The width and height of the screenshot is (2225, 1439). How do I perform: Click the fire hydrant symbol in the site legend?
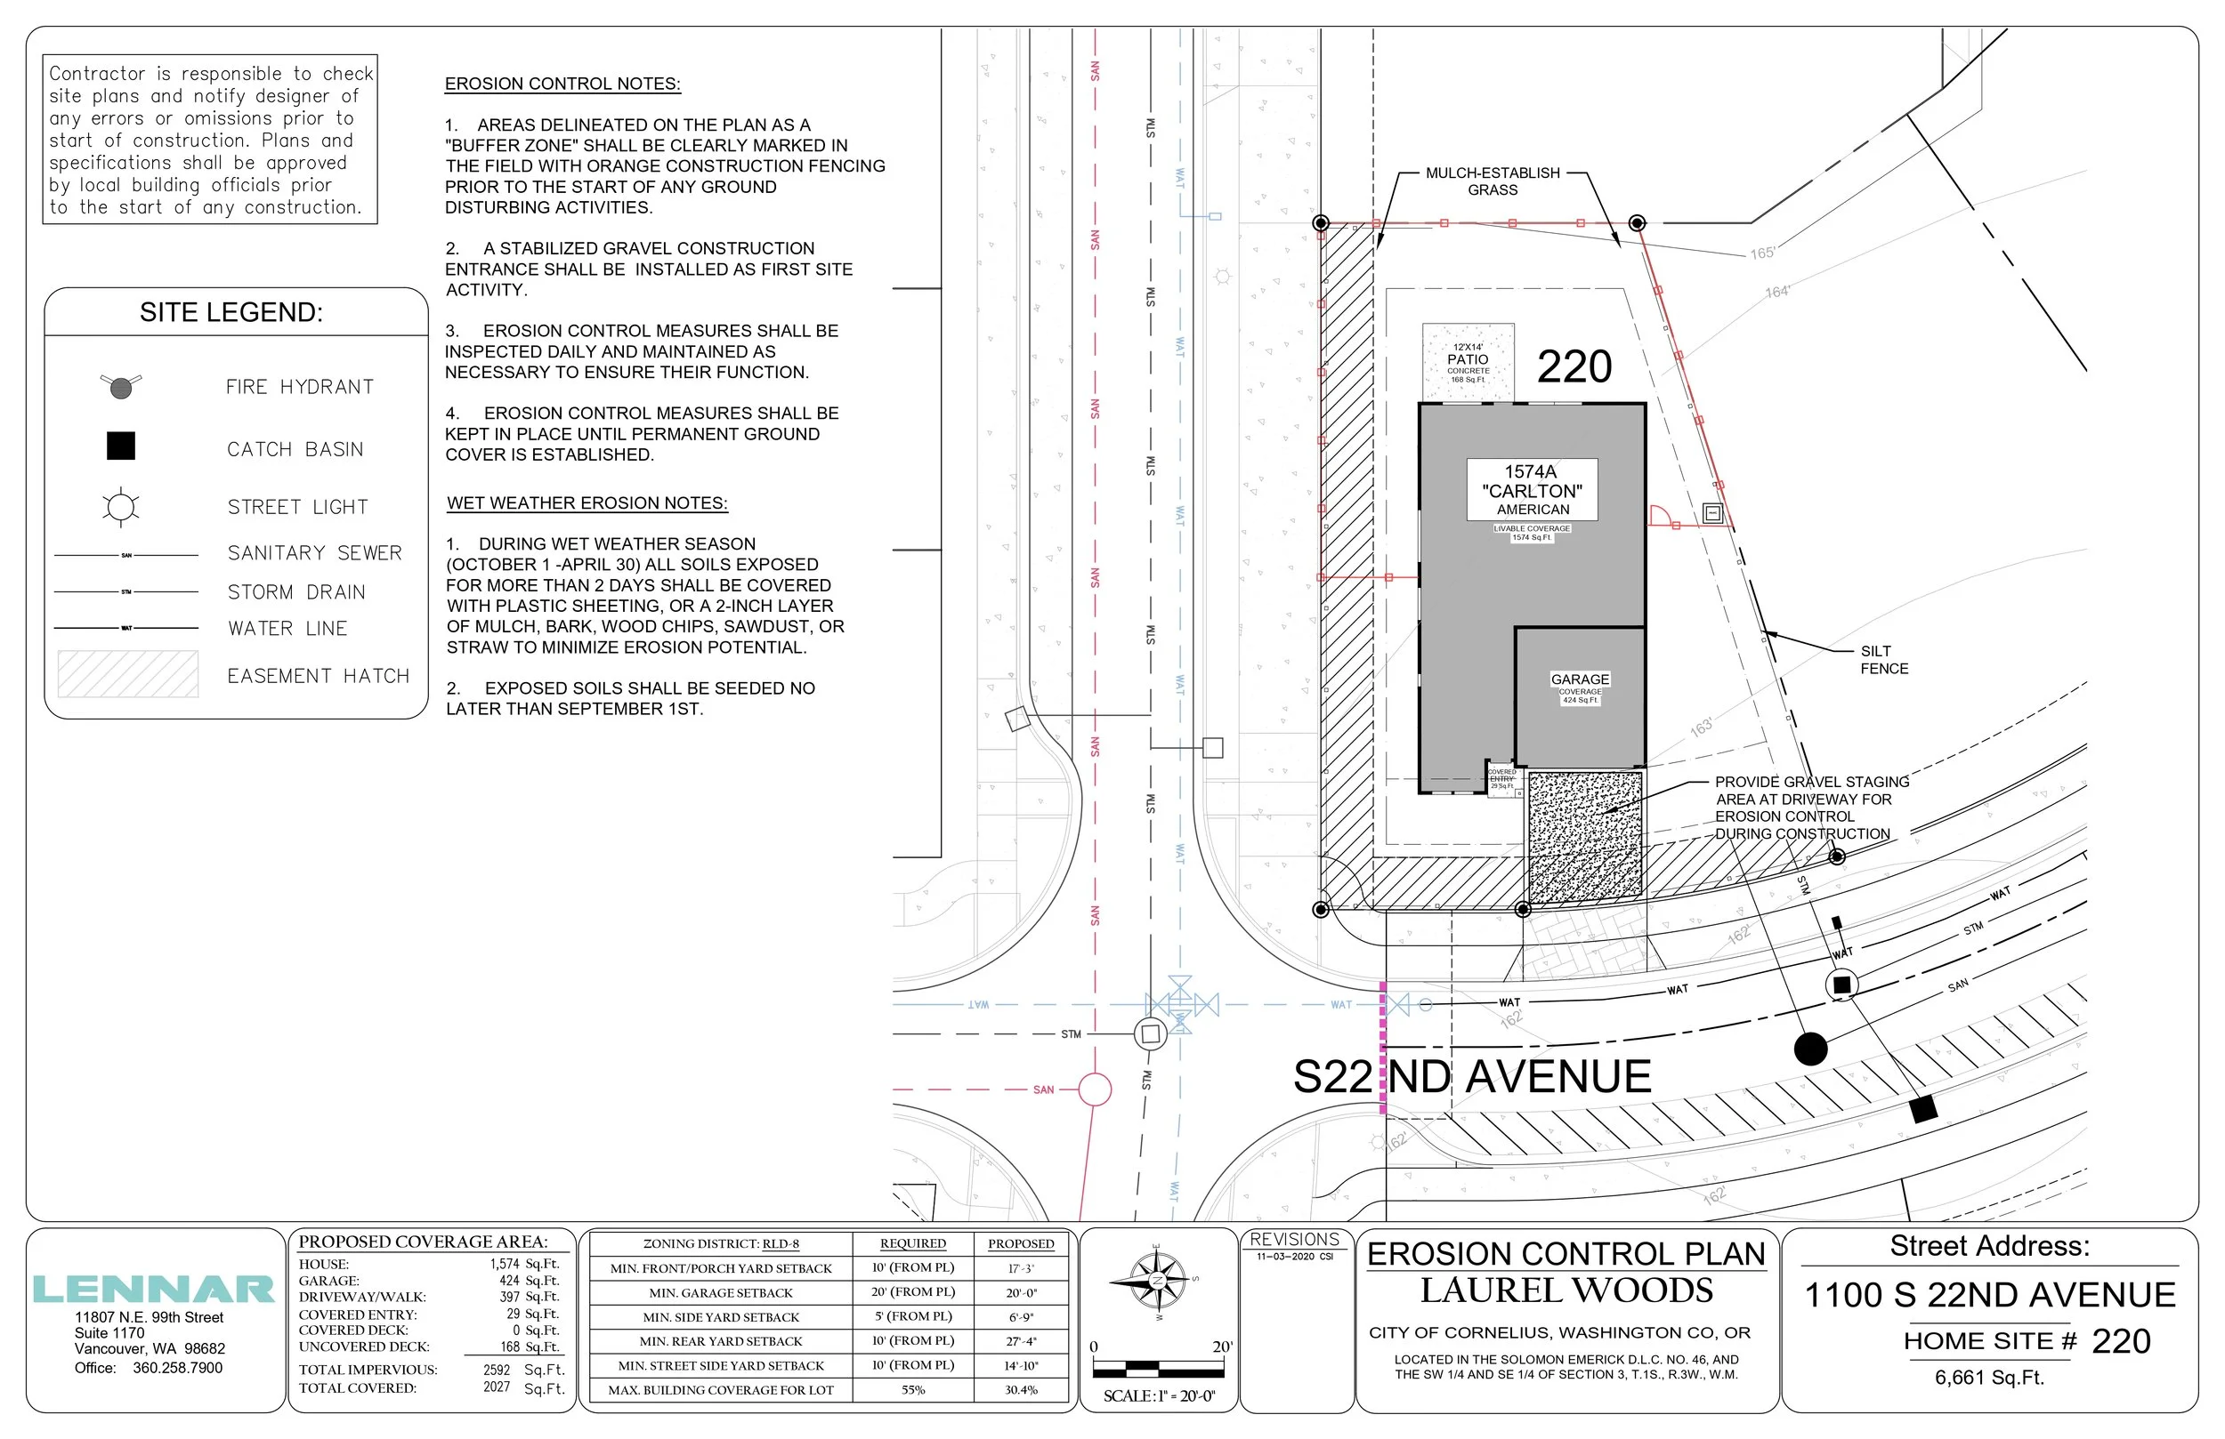pos(121,386)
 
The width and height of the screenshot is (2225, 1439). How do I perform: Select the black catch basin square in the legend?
pos(121,446)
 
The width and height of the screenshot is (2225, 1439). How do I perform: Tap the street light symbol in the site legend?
pos(121,508)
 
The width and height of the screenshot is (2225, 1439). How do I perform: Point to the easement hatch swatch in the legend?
pos(128,674)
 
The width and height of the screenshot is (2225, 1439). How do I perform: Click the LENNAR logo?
pos(153,1290)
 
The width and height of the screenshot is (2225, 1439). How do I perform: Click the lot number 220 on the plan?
pos(1574,366)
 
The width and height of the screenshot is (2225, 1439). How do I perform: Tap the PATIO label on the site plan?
pos(1468,359)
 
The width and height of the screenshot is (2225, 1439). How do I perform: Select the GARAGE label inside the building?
pos(1580,679)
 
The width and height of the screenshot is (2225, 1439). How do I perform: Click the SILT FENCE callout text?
pos(1883,660)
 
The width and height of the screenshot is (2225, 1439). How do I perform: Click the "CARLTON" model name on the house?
pos(1533,492)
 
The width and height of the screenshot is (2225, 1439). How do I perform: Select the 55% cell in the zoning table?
pos(912,1389)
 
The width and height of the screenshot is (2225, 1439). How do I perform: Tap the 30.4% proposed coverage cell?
pos(1021,1389)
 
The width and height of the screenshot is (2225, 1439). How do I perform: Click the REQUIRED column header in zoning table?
pos(912,1243)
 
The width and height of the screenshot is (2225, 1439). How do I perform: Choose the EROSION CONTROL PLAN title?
pos(1566,1254)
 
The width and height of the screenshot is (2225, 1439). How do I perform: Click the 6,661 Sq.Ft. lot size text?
pos(1989,1378)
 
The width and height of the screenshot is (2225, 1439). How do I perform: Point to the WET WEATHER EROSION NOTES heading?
pos(587,502)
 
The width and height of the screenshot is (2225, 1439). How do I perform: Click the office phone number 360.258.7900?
pos(178,1368)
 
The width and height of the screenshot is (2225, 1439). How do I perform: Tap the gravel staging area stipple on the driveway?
pos(1584,833)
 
